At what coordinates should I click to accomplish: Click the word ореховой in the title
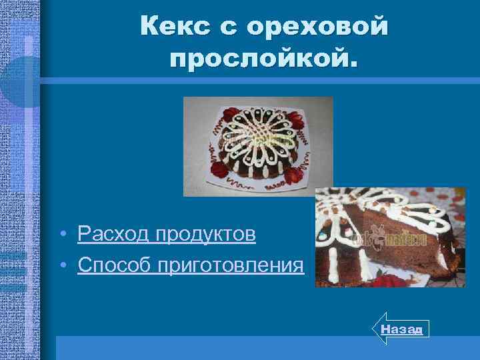coord(317,27)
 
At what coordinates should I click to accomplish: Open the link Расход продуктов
coord(166,234)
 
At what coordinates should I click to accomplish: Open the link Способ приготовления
coord(191,265)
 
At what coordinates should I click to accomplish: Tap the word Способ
coord(114,265)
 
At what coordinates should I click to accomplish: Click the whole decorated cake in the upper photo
coord(256,147)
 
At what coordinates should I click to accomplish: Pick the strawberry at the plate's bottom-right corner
coord(294,175)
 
